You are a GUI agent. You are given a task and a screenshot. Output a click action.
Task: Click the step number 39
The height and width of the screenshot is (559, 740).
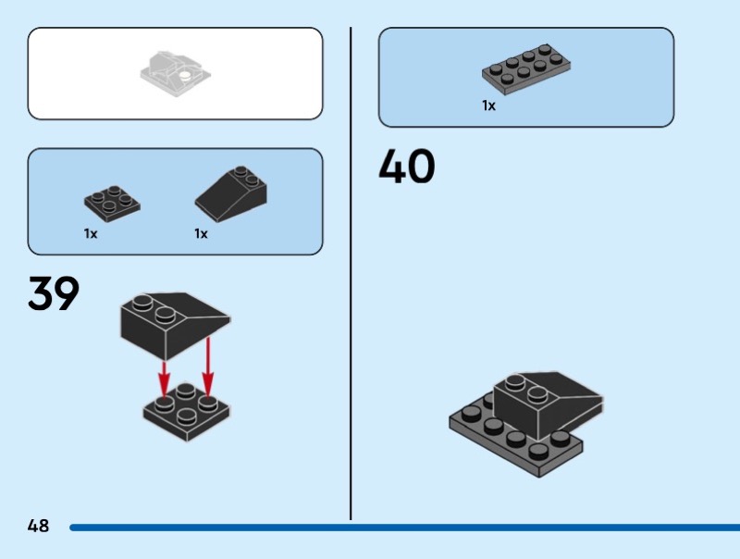(x=54, y=293)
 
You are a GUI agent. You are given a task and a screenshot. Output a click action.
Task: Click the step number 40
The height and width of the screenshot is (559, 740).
(x=406, y=168)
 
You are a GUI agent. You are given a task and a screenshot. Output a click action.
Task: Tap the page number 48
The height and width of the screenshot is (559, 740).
(x=38, y=527)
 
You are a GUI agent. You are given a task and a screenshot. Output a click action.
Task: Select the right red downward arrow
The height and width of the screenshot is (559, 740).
(x=208, y=366)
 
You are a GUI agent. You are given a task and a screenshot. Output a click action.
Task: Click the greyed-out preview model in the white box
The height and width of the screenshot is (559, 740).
(x=176, y=75)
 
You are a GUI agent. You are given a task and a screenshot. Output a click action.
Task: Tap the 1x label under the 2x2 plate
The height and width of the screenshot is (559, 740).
(x=91, y=234)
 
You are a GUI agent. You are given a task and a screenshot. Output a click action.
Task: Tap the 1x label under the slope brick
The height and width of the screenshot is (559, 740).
(x=201, y=234)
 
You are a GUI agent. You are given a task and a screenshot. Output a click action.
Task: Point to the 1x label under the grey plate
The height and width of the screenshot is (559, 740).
(x=488, y=106)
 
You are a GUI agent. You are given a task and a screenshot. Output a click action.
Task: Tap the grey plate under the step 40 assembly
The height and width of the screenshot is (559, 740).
(x=490, y=435)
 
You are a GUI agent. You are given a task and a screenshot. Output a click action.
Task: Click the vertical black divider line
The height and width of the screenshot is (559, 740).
(x=351, y=278)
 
